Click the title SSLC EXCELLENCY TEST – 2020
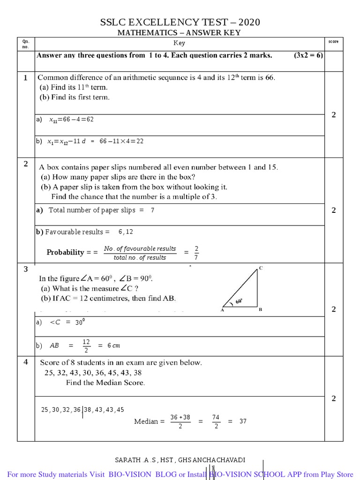180,22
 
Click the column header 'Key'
180,43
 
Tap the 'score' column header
333,42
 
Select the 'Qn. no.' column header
26,44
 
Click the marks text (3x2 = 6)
308,55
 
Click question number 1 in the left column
26,77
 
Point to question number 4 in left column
26,361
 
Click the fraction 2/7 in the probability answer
196,252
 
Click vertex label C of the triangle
261,268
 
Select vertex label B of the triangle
260,310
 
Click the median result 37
243,421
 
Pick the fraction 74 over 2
216,421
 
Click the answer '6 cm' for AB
113,345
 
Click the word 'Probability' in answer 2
65,252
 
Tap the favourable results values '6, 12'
126,232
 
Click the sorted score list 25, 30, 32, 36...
61,410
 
